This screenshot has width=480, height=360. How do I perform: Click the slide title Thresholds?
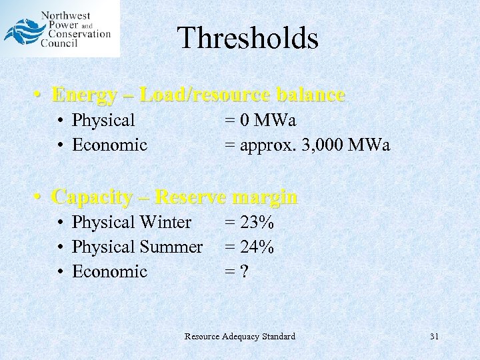pos(248,38)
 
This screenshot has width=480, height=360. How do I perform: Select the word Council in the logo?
pos(58,43)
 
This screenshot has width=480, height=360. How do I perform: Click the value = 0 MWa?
pos(260,121)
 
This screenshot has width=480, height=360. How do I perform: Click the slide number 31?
pos(434,337)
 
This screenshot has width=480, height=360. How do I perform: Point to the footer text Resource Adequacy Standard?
pos(239,337)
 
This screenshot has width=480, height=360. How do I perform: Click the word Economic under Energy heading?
pos(109,145)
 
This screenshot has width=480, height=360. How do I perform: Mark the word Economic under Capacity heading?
pos(109,272)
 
